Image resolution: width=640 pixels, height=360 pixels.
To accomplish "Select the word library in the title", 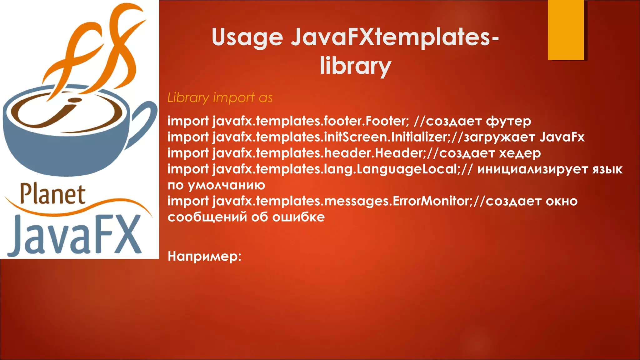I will (355, 66).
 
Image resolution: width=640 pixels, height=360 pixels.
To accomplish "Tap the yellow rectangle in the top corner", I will (566, 30).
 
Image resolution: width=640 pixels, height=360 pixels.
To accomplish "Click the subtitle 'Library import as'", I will (220, 98).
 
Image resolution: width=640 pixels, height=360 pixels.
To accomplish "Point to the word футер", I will (508, 121).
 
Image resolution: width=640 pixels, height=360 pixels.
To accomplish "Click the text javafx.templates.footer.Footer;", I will (311, 121).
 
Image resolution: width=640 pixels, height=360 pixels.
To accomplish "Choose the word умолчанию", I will (226, 185).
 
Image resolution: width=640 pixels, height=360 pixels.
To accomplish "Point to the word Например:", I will (205, 256).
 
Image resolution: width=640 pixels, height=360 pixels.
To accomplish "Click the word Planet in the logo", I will (52, 194).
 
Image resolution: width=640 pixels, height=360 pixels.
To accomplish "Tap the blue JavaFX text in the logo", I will (75, 235).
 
